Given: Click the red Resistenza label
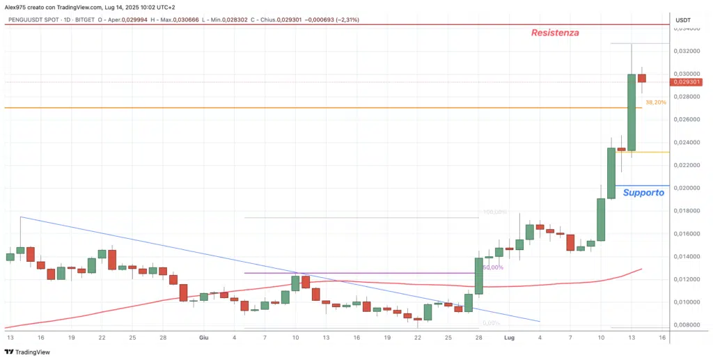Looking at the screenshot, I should (x=555, y=33).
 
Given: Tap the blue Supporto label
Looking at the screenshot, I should (x=643, y=192).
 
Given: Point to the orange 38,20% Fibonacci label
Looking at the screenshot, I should (x=655, y=102).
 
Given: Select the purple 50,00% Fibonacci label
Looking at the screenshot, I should (x=492, y=267).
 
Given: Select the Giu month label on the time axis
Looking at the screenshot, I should (x=203, y=337).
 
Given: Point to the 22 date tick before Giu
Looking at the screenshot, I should (x=102, y=337).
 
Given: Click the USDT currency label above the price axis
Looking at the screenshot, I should (x=683, y=21).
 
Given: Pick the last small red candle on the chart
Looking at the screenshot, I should (x=642, y=78).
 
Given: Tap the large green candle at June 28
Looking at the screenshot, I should (x=479, y=275).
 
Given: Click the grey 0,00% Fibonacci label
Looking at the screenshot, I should (x=492, y=322).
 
